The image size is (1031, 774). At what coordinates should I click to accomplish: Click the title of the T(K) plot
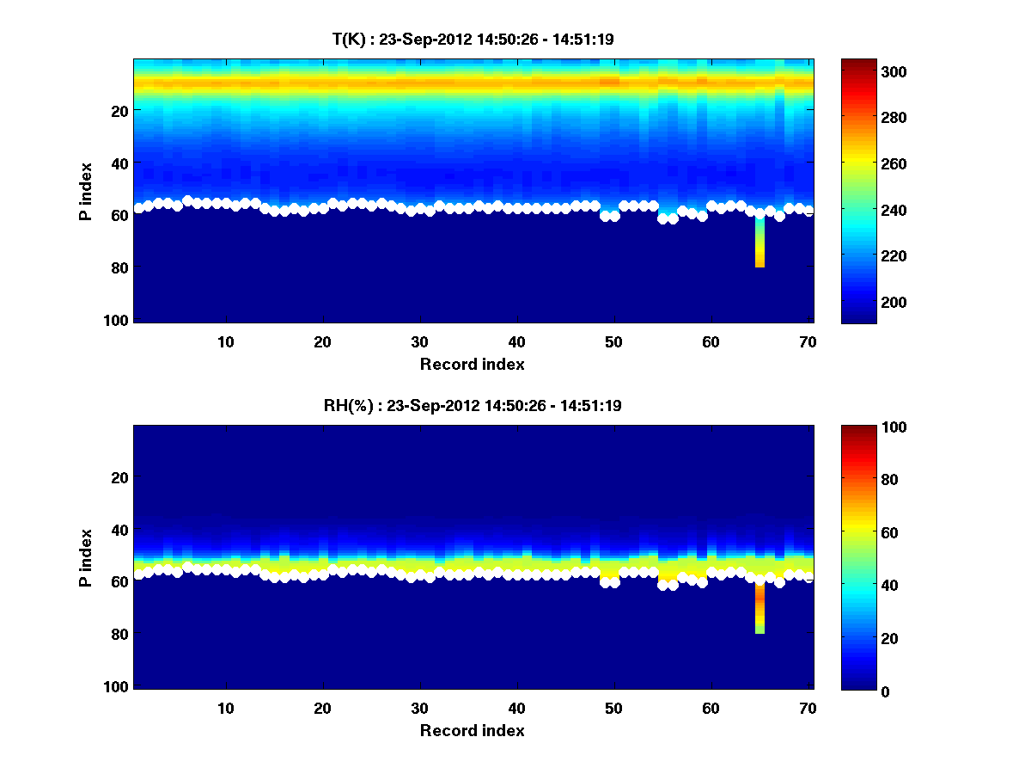coord(472,39)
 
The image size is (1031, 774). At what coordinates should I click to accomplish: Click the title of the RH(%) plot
coord(472,405)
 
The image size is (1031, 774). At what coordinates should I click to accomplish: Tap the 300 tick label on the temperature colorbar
coord(864,72)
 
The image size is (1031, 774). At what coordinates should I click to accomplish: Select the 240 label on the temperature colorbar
coord(864,210)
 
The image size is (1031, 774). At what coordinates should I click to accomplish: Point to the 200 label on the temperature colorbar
coord(864,302)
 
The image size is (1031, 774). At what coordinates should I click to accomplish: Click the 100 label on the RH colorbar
coord(864,427)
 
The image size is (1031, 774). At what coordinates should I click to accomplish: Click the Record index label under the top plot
coord(472,365)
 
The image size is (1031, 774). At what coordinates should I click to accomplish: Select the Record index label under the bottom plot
coord(472,731)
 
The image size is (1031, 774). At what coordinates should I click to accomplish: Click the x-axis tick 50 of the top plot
coord(613,341)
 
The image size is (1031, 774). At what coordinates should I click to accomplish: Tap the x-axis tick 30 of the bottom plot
coord(419,708)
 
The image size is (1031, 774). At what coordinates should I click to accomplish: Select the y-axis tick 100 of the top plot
coord(118,320)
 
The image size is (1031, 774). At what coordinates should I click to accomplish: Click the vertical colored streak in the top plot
coord(760,245)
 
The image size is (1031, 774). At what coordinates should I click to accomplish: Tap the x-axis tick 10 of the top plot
coord(225,341)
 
